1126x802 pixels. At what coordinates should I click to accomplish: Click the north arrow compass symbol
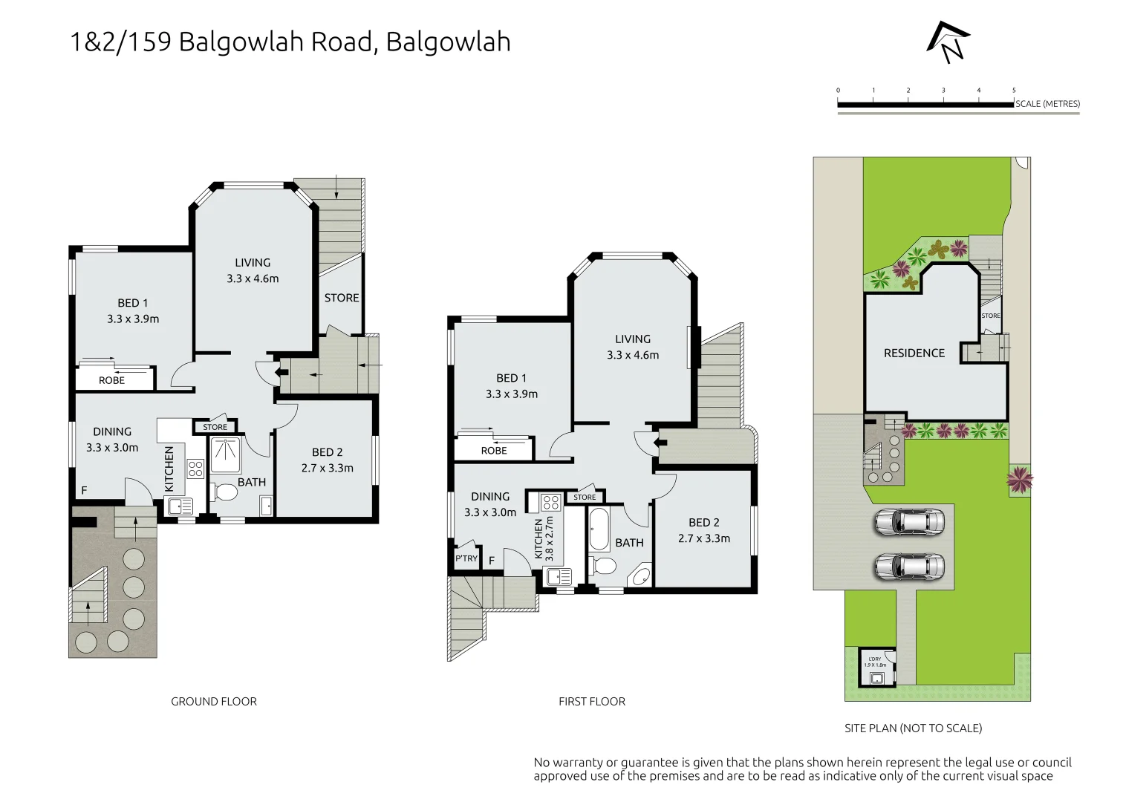[948, 42]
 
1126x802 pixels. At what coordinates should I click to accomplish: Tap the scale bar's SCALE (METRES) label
[1047, 104]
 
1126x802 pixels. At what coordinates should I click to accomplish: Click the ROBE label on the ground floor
[111, 380]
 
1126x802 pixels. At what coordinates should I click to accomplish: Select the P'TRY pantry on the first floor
[466, 558]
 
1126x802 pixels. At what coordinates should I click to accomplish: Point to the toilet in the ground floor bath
[225, 492]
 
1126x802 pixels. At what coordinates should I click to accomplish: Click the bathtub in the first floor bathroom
[599, 528]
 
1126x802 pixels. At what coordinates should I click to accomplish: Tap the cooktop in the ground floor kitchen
[195, 469]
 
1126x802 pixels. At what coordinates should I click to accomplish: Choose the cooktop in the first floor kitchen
[551, 502]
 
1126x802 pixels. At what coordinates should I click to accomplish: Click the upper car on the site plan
[909, 521]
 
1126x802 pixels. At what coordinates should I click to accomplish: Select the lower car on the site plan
[909, 567]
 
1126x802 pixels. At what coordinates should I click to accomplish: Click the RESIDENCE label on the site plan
[914, 353]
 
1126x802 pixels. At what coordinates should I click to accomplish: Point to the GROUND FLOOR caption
[214, 702]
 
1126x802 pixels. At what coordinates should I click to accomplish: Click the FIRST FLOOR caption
[592, 702]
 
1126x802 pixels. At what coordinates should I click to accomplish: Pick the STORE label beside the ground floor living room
[342, 298]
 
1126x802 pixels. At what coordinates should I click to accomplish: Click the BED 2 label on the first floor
[704, 523]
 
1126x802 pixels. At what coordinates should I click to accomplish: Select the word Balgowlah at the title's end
[449, 42]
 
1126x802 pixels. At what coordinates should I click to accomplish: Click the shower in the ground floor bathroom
[225, 455]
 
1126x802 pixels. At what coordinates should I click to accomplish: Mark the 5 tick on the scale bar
[1014, 91]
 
